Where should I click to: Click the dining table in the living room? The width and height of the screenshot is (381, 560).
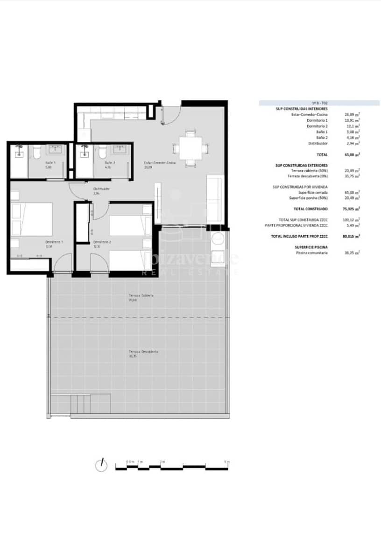tap(190, 148)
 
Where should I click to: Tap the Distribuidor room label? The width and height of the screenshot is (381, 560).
tap(97, 189)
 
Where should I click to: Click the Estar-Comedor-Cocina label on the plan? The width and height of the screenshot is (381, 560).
tap(160, 162)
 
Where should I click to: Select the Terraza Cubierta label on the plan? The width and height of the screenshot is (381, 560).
tap(141, 296)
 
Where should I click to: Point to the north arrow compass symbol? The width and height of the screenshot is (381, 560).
tap(100, 465)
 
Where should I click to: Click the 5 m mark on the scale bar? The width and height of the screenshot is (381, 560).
tap(226, 462)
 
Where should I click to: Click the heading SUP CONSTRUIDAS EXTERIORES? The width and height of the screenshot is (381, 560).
tap(302, 165)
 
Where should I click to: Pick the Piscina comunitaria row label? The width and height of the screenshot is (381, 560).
tap(312, 252)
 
